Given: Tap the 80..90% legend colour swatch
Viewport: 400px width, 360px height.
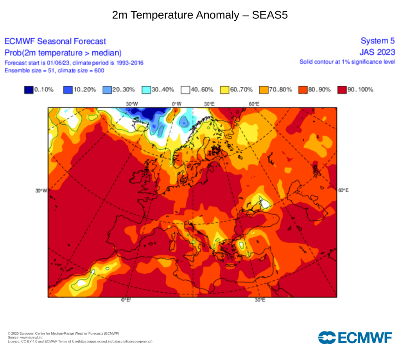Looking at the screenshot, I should (303, 90).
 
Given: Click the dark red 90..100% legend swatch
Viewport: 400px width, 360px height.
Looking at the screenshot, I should (342, 90).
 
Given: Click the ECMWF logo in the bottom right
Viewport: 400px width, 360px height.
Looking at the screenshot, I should (355, 337).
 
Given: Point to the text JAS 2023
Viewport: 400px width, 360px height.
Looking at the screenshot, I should (377, 52).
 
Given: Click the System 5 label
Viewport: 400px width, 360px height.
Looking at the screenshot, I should (378, 41).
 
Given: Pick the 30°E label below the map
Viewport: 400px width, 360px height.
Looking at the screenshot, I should (260, 300).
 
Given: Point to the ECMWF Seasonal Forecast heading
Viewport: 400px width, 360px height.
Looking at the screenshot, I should (55, 41).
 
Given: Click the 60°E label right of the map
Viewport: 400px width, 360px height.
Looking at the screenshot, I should (343, 190).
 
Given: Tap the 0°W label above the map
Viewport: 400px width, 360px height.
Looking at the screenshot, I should (177, 104).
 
